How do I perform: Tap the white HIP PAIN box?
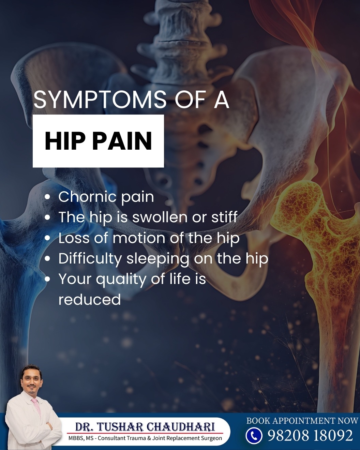[x=98, y=141]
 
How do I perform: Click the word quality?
[x=121, y=279]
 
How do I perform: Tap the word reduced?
[x=90, y=299]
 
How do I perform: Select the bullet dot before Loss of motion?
[x=48, y=238]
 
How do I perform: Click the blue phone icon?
[x=254, y=436]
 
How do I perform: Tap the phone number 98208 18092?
[x=311, y=436]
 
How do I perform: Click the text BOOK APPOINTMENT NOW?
[x=302, y=421]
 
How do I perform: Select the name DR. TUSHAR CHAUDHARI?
[x=145, y=426]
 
